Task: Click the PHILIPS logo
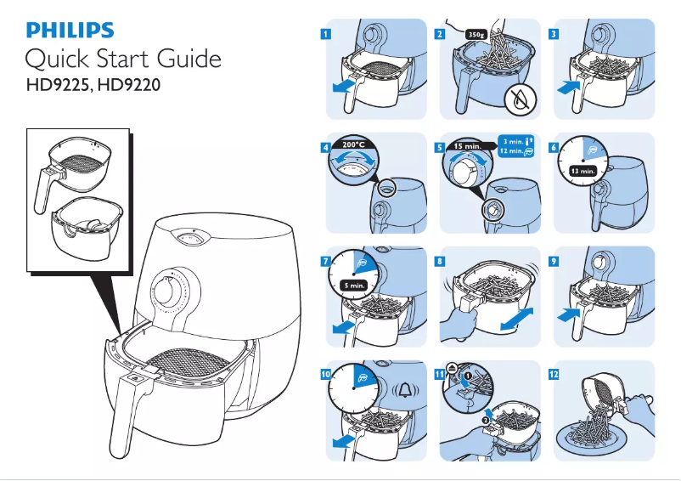(x=70, y=31)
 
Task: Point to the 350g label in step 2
(x=478, y=34)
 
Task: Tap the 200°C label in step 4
(x=352, y=145)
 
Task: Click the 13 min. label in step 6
(x=583, y=171)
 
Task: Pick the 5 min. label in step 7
(x=353, y=286)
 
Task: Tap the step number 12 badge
(x=554, y=373)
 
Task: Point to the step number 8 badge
(x=440, y=261)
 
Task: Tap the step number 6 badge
(x=554, y=147)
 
